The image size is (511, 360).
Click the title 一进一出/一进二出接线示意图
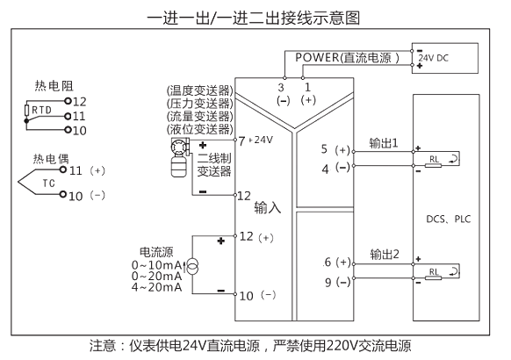click(x=254, y=18)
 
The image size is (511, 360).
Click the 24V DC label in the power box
click(x=434, y=58)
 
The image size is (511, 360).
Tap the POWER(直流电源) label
click(x=347, y=58)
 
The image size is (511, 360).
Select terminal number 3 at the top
click(x=281, y=87)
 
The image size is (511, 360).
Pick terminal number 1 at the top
click(x=307, y=87)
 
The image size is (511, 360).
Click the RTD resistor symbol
click(x=26, y=110)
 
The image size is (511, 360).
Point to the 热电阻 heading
click(x=54, y=86)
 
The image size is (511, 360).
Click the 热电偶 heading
click(x=51, y=159)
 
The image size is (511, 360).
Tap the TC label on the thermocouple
click(x=49, y=184)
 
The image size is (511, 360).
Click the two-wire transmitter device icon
click(x=180, y=157)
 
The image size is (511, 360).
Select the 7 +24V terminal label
click(x=255, y=140)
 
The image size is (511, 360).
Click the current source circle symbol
click(x=192, y=267)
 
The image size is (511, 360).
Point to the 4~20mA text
click(x=157, y=287)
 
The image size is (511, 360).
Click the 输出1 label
click(x=384, y=143)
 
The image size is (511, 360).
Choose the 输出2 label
click(x=385, y=254)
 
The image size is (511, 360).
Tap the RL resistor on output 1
click(x=434, y=165)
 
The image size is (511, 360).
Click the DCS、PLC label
click(x=449, y=219)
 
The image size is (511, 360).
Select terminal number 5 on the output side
click(x=324, y=149)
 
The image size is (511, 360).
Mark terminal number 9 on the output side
click(x=328, y=282)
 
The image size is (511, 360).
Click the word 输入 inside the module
click(x=267, y=207)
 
